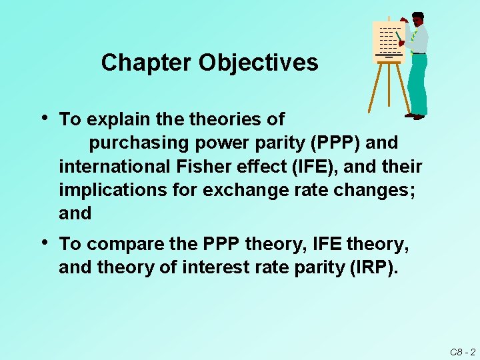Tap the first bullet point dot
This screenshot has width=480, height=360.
point(44,117)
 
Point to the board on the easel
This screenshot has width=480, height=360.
point(388,39)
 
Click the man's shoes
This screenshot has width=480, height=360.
point(415,116)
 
